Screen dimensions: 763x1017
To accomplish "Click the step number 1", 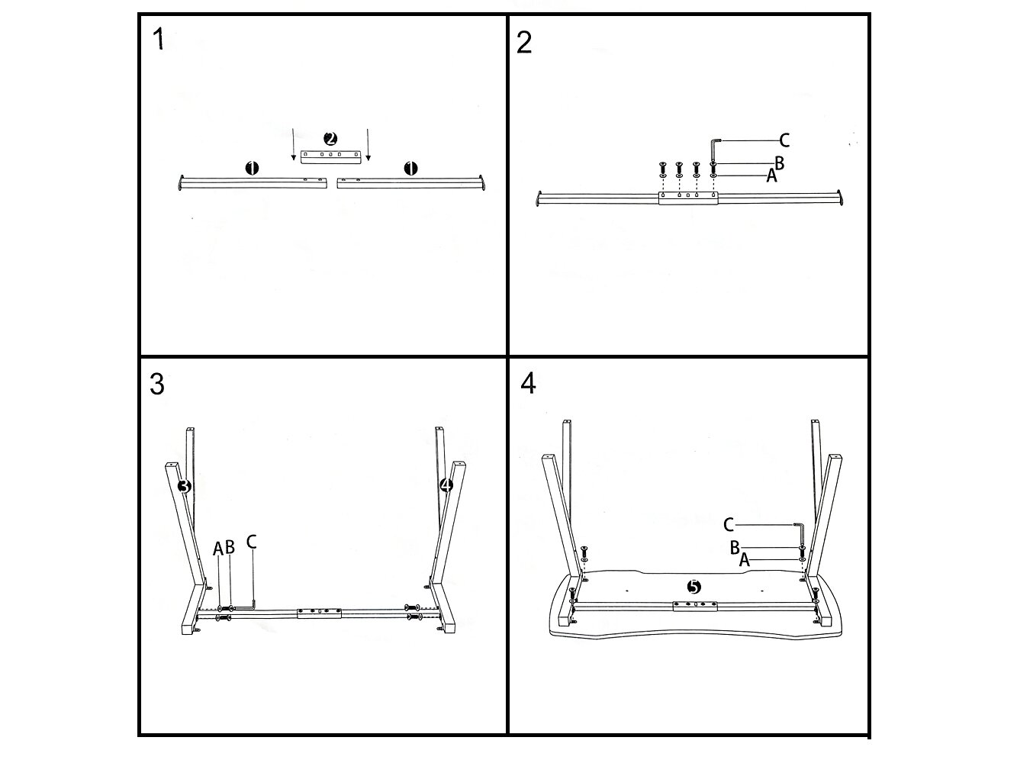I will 158,39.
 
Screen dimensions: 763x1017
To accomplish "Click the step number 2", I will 524,42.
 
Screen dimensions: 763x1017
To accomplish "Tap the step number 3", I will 156,385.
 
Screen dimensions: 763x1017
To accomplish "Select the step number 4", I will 528,383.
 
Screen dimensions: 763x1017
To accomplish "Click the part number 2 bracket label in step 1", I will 330,139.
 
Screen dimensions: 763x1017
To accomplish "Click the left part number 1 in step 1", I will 253,168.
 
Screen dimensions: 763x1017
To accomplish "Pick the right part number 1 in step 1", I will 410,168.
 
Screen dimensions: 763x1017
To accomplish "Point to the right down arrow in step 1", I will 368,145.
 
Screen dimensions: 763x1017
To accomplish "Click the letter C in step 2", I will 784,140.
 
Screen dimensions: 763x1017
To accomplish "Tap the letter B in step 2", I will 779,163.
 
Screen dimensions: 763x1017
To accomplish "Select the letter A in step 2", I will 771,176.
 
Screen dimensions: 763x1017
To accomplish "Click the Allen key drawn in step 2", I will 714,149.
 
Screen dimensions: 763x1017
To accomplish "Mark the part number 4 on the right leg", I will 446,485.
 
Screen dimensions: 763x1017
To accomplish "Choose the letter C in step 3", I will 251,542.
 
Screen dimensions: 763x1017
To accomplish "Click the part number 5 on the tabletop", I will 694,587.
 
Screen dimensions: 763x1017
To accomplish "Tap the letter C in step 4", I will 729,524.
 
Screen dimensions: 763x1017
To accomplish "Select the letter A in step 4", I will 745,559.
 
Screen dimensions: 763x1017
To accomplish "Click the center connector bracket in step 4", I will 694,606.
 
